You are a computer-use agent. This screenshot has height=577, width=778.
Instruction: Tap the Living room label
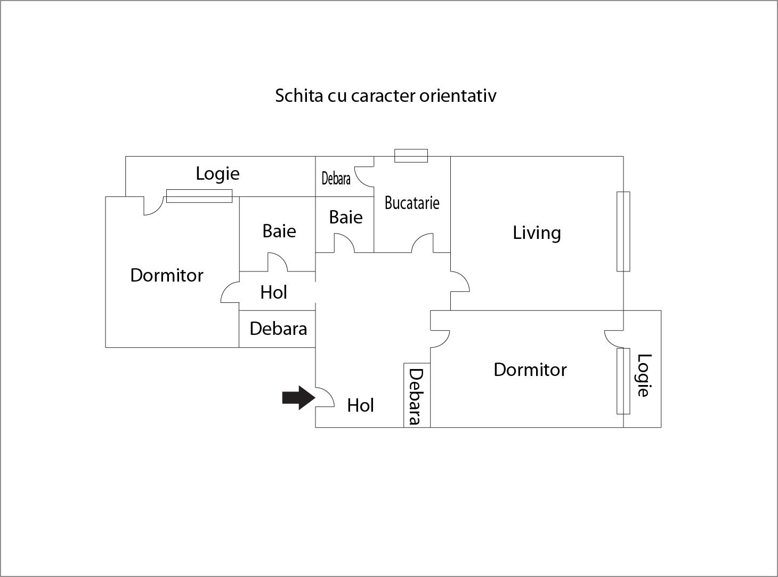tap(537, 233)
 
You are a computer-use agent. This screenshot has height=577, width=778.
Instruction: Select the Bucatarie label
tap(412, 203)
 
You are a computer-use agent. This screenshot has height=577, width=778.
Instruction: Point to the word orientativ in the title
tap(458, 95)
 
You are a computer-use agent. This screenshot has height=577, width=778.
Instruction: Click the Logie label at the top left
tap(217, 173)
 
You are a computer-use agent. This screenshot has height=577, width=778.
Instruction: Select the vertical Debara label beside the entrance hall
tap(416, 396)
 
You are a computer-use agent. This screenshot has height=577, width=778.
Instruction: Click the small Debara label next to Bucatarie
tap(336, 178)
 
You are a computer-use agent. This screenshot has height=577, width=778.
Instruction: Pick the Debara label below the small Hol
tap(278, 328)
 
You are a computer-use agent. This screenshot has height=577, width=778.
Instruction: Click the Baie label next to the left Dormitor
tap(279, 231)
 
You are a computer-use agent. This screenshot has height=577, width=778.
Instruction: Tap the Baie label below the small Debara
tap(346, 217)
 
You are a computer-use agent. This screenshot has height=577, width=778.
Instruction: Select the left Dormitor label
tap(167, 275)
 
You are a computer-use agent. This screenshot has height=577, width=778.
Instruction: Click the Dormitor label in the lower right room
tap(530, 370)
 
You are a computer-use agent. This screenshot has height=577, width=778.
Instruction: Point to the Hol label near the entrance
tap(360, 405)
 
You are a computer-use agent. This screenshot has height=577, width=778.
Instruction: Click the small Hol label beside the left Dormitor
tap(274, 292)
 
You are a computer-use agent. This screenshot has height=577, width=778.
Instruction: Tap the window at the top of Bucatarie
tap(411, 156)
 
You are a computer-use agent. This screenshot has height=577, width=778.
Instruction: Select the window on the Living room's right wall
tap(623, 231)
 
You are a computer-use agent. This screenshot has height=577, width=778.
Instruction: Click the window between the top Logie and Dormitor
tap(199, 196)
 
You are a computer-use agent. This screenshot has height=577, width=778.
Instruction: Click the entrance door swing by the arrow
tap(325, 397)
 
